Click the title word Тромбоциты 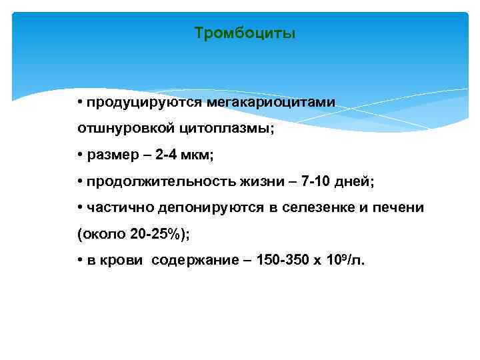(x=245, y=33)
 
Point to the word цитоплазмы (x=223, y=129)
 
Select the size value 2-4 (x=167, y=155)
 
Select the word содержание (x=190, y=261)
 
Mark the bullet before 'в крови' (x=80, y=261)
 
